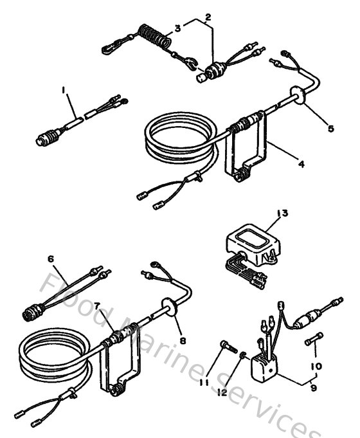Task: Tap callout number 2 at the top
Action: (x=208, y=17)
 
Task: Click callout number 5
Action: (x=330, y=129)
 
